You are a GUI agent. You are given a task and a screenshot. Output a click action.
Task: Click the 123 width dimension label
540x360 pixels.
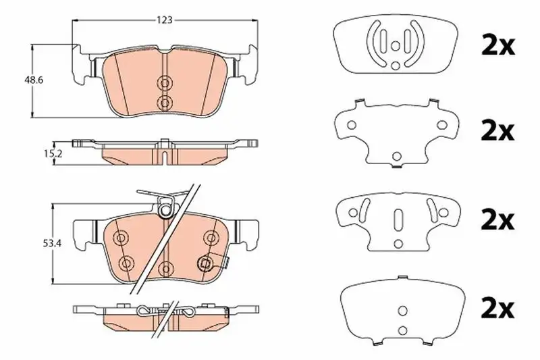[164, 20]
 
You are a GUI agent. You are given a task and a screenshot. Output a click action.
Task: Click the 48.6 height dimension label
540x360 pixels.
[33, 80]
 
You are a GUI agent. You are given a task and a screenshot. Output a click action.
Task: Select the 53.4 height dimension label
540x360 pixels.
[52, 244]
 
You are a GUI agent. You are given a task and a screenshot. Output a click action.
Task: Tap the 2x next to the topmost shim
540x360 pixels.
[497, 46]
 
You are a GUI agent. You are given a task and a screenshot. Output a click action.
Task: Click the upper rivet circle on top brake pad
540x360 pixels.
[165, 82]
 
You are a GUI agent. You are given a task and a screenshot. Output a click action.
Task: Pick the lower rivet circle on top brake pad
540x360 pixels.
[165, 102]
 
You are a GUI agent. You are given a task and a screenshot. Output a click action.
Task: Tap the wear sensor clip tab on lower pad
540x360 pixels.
[225, 263]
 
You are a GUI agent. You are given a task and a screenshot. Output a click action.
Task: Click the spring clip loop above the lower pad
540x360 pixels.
[165, 209]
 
